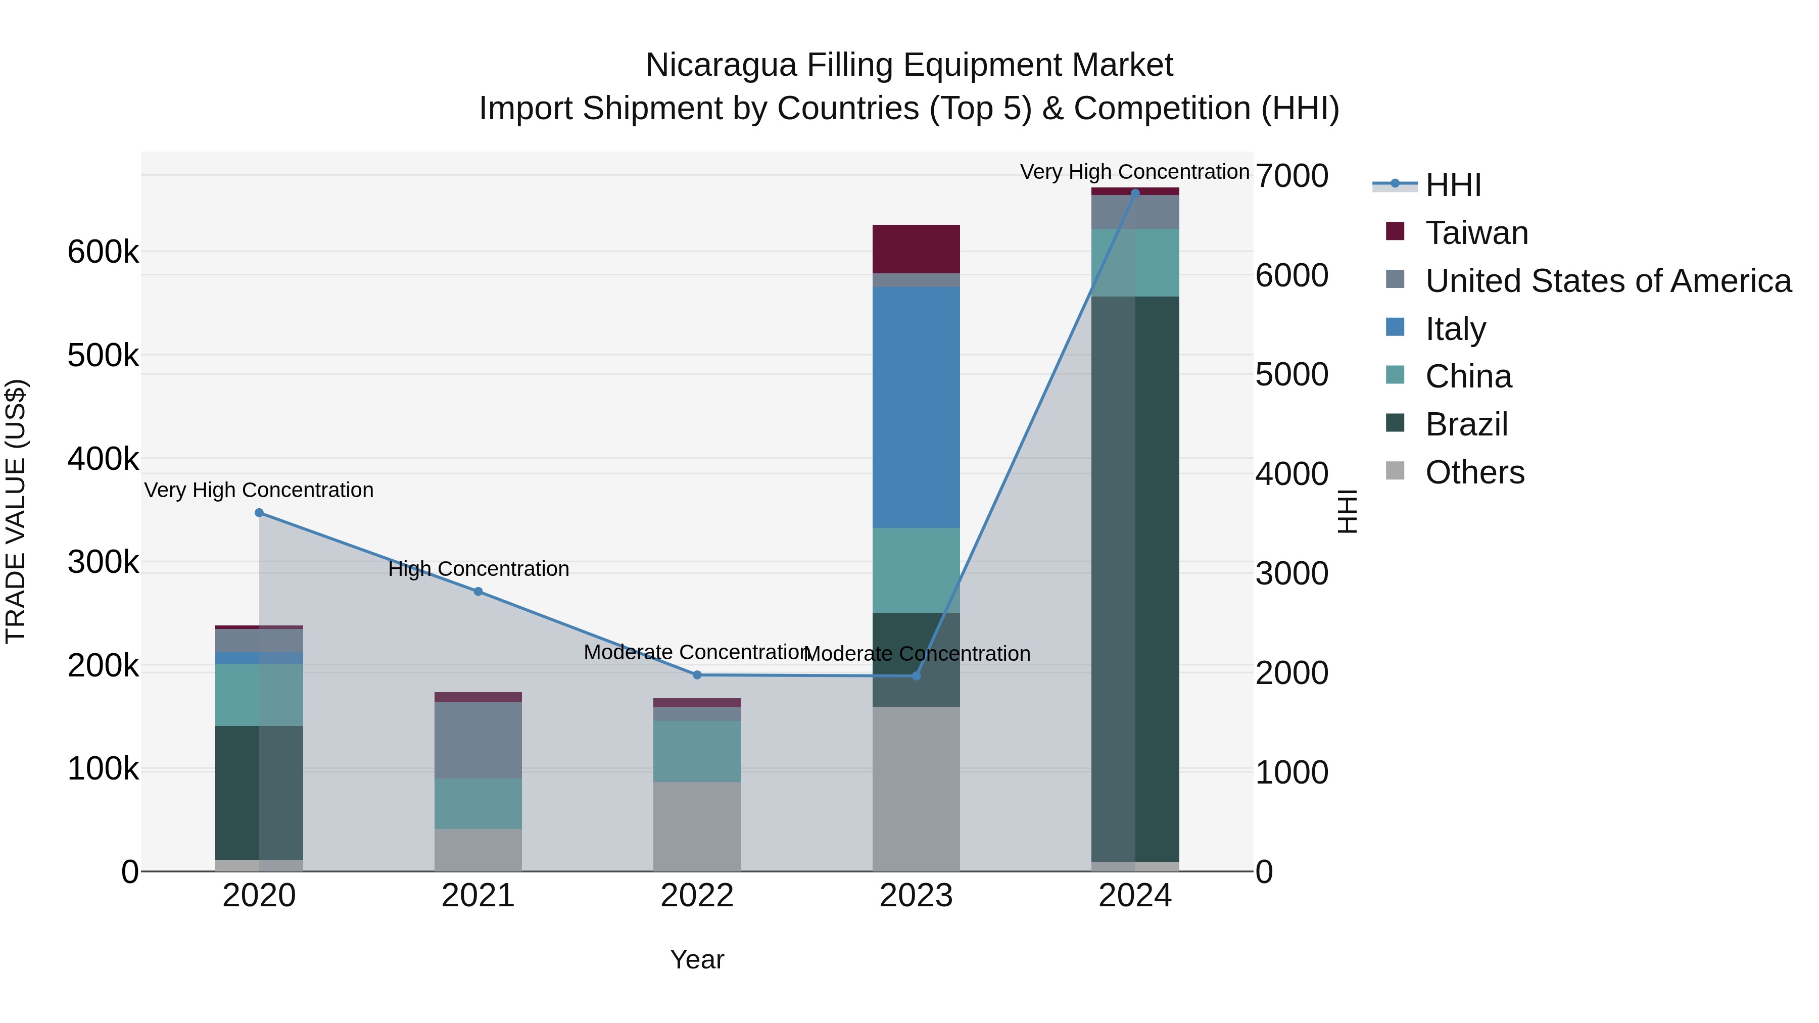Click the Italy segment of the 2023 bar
point(916,407)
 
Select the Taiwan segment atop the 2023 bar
point(916,249)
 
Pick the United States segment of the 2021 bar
point(478,740)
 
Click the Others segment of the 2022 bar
point(697,826)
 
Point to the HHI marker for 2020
point(259,513)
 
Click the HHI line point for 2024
point(1135,193)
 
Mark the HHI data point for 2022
point(697,675)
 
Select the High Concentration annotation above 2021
point(478,569)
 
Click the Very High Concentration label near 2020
point(259,490)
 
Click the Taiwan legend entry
point(1476,233)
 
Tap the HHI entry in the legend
point(1453,185)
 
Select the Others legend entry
point(1474,472)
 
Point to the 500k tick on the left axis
point(103,355)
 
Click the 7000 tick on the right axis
point(1291,176)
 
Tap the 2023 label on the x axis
point(916,896)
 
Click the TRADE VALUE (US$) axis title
point(16,511)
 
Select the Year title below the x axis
point(697,959)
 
